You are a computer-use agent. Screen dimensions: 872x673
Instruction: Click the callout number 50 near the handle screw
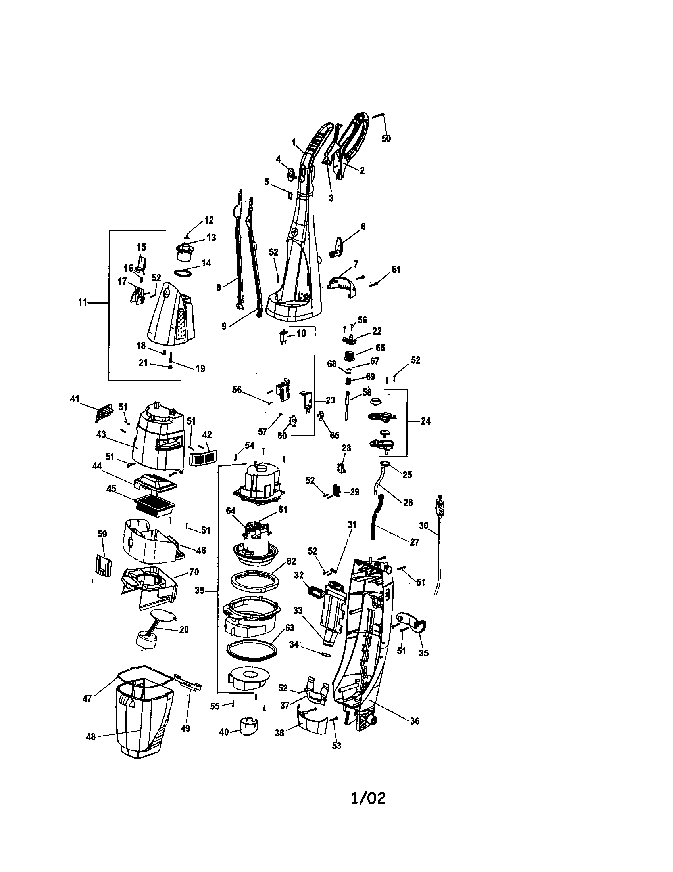(386, 139)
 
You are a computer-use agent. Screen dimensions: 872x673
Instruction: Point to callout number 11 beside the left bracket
(82, 302)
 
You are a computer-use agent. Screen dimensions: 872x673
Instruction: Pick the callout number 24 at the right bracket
(425, 421)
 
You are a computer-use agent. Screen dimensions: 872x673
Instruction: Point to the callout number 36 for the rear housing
(414, 721)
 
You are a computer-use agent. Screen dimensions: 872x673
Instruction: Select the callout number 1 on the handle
(293, 142)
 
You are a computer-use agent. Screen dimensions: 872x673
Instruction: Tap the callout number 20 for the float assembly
(183, 630)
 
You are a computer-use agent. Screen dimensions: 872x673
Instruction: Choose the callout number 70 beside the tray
(194, 572)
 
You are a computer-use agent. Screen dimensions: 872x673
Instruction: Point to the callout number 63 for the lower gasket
(290, 628)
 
